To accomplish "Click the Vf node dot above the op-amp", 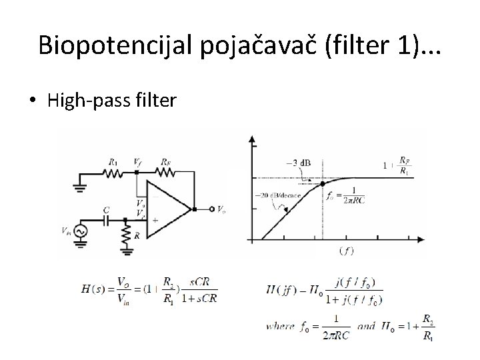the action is [137, 172].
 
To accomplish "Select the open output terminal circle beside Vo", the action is [211, 209].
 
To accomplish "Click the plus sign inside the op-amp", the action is [154, 219].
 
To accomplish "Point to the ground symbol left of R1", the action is [81, 184].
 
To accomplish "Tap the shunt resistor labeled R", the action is [127, 233].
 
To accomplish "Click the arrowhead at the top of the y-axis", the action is [251, 139].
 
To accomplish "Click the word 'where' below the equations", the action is [280, 327].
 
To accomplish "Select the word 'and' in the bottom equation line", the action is [367, 327].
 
